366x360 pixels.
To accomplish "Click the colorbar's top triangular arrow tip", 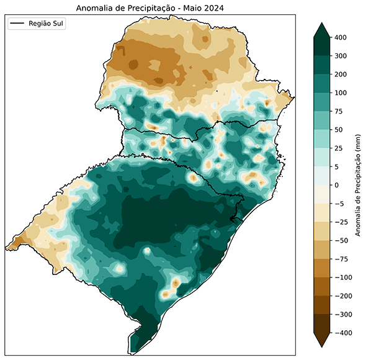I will (x=321, y=24).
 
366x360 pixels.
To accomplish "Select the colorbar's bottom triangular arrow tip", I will (x=321, y=346).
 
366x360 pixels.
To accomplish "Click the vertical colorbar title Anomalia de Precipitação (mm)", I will (x=359, y=185).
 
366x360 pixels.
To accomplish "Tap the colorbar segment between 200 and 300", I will (x=321, y=65).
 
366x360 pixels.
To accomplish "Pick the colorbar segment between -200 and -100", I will (x=321, y=287).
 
